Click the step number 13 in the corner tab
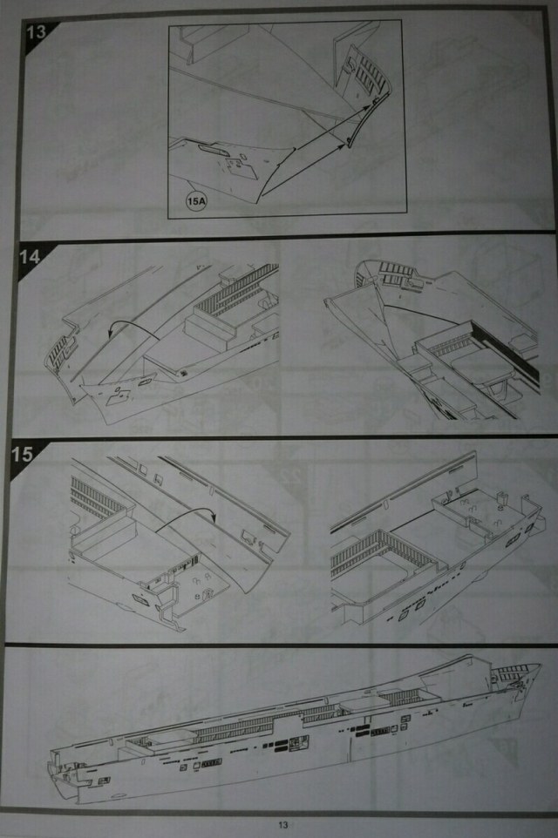point(37,31)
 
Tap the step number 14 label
point(30,257)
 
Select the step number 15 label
point(22,454)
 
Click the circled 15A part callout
point(196,201)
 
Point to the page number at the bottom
point(283,825)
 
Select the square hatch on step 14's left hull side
point(119,395)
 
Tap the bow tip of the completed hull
point(540,666)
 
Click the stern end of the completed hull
point(52,769)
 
